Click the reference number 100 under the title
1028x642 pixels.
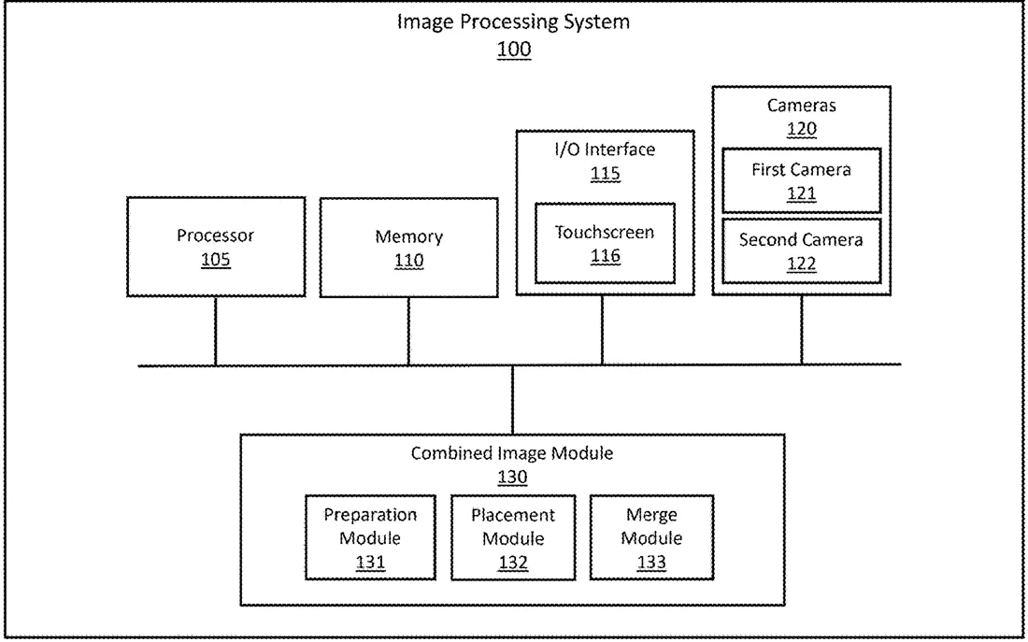coord(513,50)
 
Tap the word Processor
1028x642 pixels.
coord(215,235)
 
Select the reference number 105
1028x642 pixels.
coord(216,260)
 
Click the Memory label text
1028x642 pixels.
coord(408,236)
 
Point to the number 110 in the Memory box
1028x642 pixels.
coord(408,261)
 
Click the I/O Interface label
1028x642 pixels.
coord(605,150)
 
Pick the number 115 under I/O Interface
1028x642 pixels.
coord(606,174)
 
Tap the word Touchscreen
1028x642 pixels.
coord(605,232)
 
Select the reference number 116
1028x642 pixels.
coord(606,256)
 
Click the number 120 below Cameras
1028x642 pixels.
coord(801,129)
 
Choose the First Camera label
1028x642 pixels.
coord(801,170)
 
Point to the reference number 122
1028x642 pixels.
coord(801,264)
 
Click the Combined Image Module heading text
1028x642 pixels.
coord(512,453)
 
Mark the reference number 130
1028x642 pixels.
coord(512,477)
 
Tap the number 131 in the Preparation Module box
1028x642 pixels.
coord(370,563)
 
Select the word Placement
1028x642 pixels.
coord(513,516)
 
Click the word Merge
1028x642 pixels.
coord(651,516)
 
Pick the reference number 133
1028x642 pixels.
coord(651,563)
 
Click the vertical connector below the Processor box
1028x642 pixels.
coord(215,331)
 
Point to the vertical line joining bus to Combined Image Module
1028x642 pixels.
coord(512,399)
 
